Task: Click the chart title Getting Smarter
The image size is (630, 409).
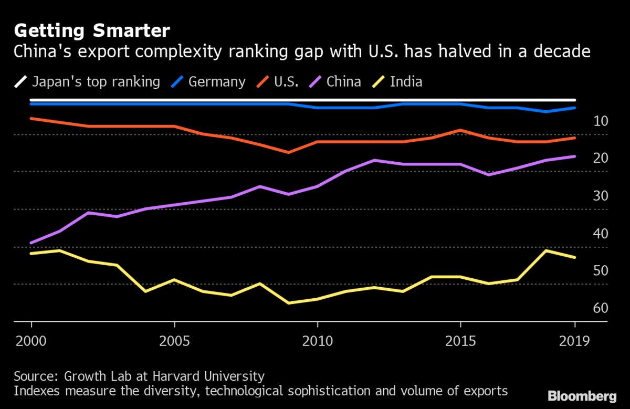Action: pos(92,31)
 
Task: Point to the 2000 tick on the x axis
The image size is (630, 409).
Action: pos(31,342)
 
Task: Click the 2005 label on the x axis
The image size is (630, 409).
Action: pos(174,342)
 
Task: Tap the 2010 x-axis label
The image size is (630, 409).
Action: pos(317,342)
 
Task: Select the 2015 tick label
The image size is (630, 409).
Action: pos(460,342)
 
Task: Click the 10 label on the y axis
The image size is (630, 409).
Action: pos(586,121)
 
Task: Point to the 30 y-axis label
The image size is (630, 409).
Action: pos(586,196)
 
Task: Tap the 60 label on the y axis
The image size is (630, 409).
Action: pos(586,308)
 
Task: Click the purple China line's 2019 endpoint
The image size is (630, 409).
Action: pos(575,156)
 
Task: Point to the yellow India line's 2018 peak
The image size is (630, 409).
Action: pos(547,250)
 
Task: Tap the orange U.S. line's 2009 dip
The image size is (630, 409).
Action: pos(288,152)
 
